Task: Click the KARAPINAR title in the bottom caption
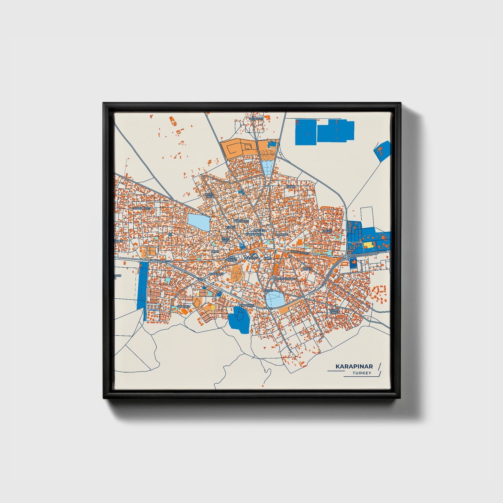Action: [x=354, y=367]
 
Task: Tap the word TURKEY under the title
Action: [x=362, y=373]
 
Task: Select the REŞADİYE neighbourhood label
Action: [x=256, y=119]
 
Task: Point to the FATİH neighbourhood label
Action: [x=290, y=187]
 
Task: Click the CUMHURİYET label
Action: [x=141, y=208]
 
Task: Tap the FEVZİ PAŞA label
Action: [x=209, y=195]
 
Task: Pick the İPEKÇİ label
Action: [x=328, y=231]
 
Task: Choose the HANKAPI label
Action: [x=282, y=235]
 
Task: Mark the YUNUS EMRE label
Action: [x=334, y=311]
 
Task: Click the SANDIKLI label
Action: [x=184, y=306]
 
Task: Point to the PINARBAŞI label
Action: [x=247, y=305]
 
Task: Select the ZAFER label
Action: [x=307, y=269]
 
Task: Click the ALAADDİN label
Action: [x=217, y=274]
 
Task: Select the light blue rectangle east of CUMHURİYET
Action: [x=199, y=222]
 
